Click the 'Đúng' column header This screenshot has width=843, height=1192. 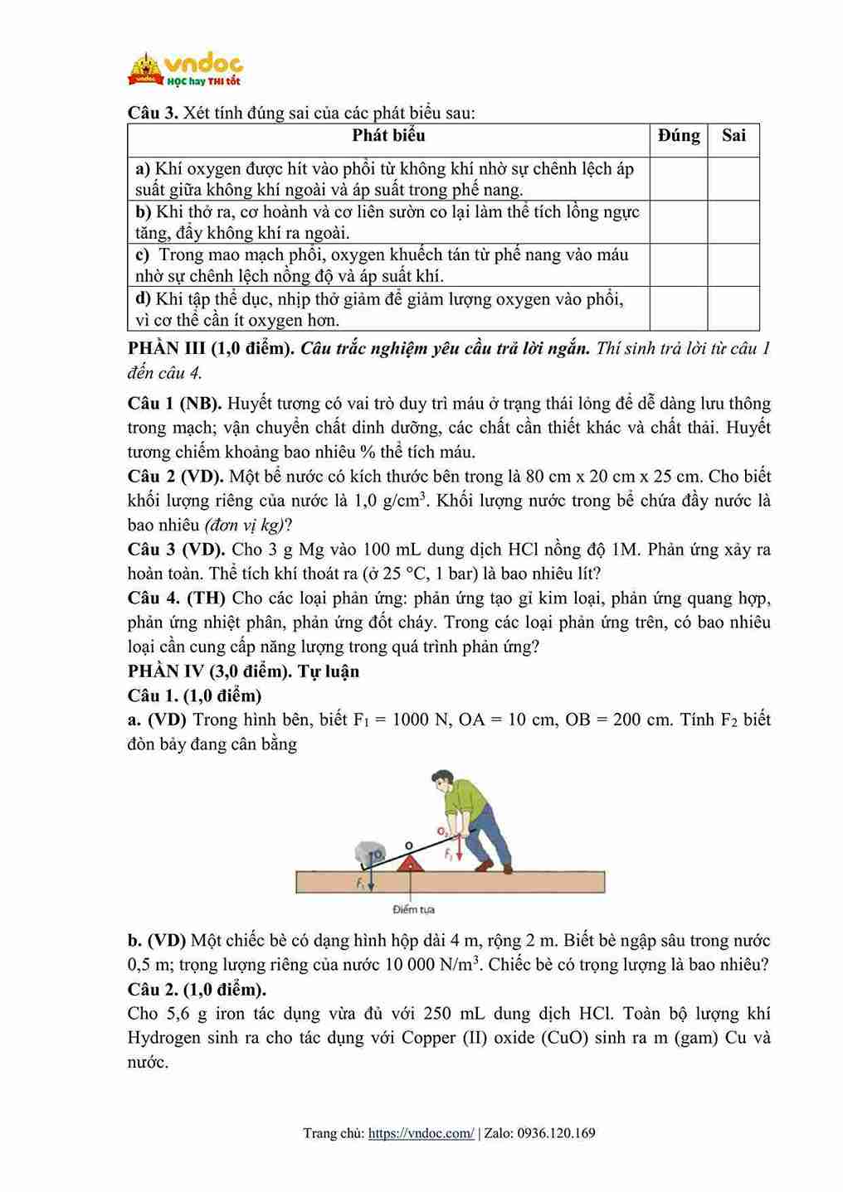[679, 136]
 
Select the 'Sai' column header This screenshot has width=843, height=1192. [733, 136]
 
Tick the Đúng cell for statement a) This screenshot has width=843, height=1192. [678, 178]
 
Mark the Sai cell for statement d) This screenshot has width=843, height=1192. [733, 308]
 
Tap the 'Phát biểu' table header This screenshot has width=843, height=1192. [388, 136]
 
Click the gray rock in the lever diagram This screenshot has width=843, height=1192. [368, 853]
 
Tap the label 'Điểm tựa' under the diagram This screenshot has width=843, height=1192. [413, 909]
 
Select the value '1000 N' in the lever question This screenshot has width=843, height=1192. [417, 720]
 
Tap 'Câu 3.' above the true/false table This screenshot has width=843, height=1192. [153, 113]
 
